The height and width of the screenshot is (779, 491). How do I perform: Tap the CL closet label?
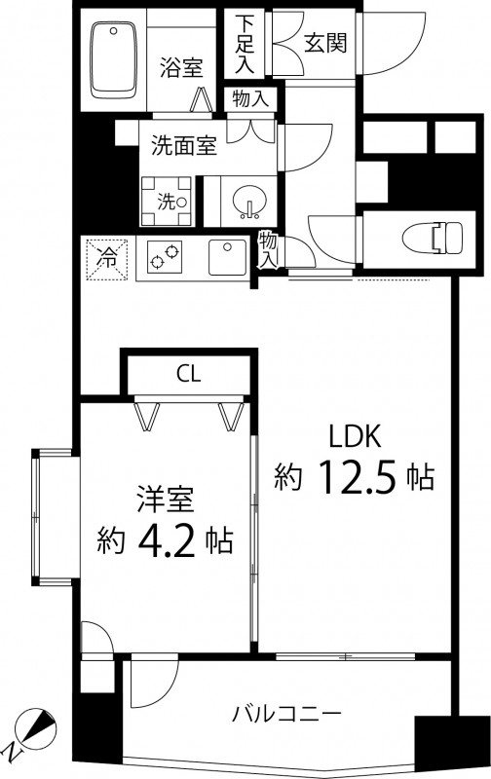click(x=189, y=375)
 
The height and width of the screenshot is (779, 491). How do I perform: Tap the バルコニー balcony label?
click(x=285, y=716)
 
